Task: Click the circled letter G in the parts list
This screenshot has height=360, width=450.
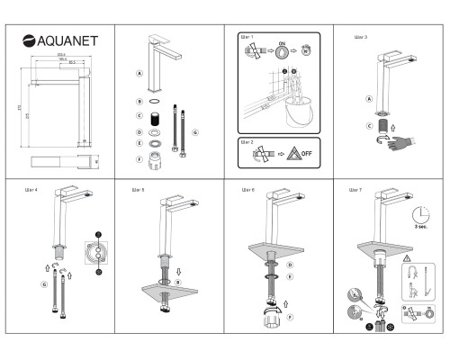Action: coord(195,132)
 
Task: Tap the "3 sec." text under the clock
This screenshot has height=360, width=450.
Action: coord(418,230)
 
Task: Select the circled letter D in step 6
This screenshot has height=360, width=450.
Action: coord(289,265)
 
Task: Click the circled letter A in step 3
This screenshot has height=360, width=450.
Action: coord(368,99)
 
